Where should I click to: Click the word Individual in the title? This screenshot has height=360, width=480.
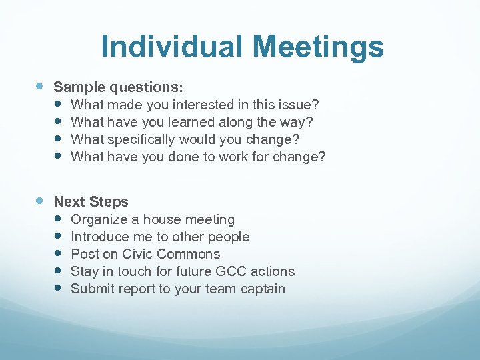(x=172, y=47)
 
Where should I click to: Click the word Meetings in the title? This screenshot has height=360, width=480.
(x=318, y=47)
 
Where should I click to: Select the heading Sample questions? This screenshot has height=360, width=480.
(x=118, y=87)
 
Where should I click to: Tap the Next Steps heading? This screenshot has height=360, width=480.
(x=91, y=202)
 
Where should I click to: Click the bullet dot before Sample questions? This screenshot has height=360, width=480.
(x=40, y=87)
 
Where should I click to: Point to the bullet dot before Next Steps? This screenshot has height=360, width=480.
(x=40, y=201)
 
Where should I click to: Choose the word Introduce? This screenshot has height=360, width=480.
(x=99, y=237)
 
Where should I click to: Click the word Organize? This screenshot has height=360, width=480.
(x=99, y=219)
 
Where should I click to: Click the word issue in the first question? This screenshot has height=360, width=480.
(x=300, y=105)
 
